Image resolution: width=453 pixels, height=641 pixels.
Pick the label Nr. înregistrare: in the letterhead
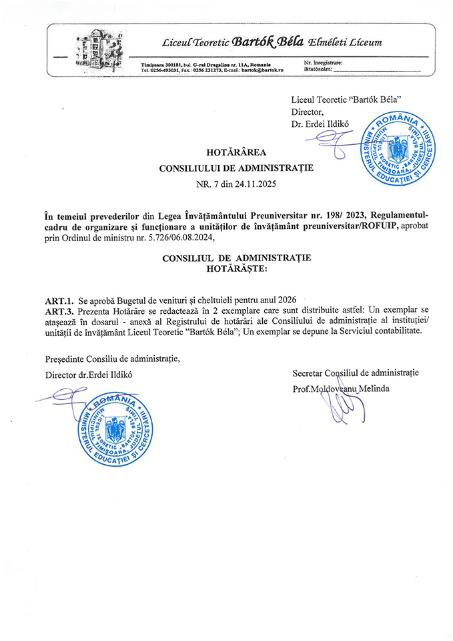(x=324, y=62)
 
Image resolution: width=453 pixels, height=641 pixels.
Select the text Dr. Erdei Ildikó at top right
(x=322, y=124)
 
